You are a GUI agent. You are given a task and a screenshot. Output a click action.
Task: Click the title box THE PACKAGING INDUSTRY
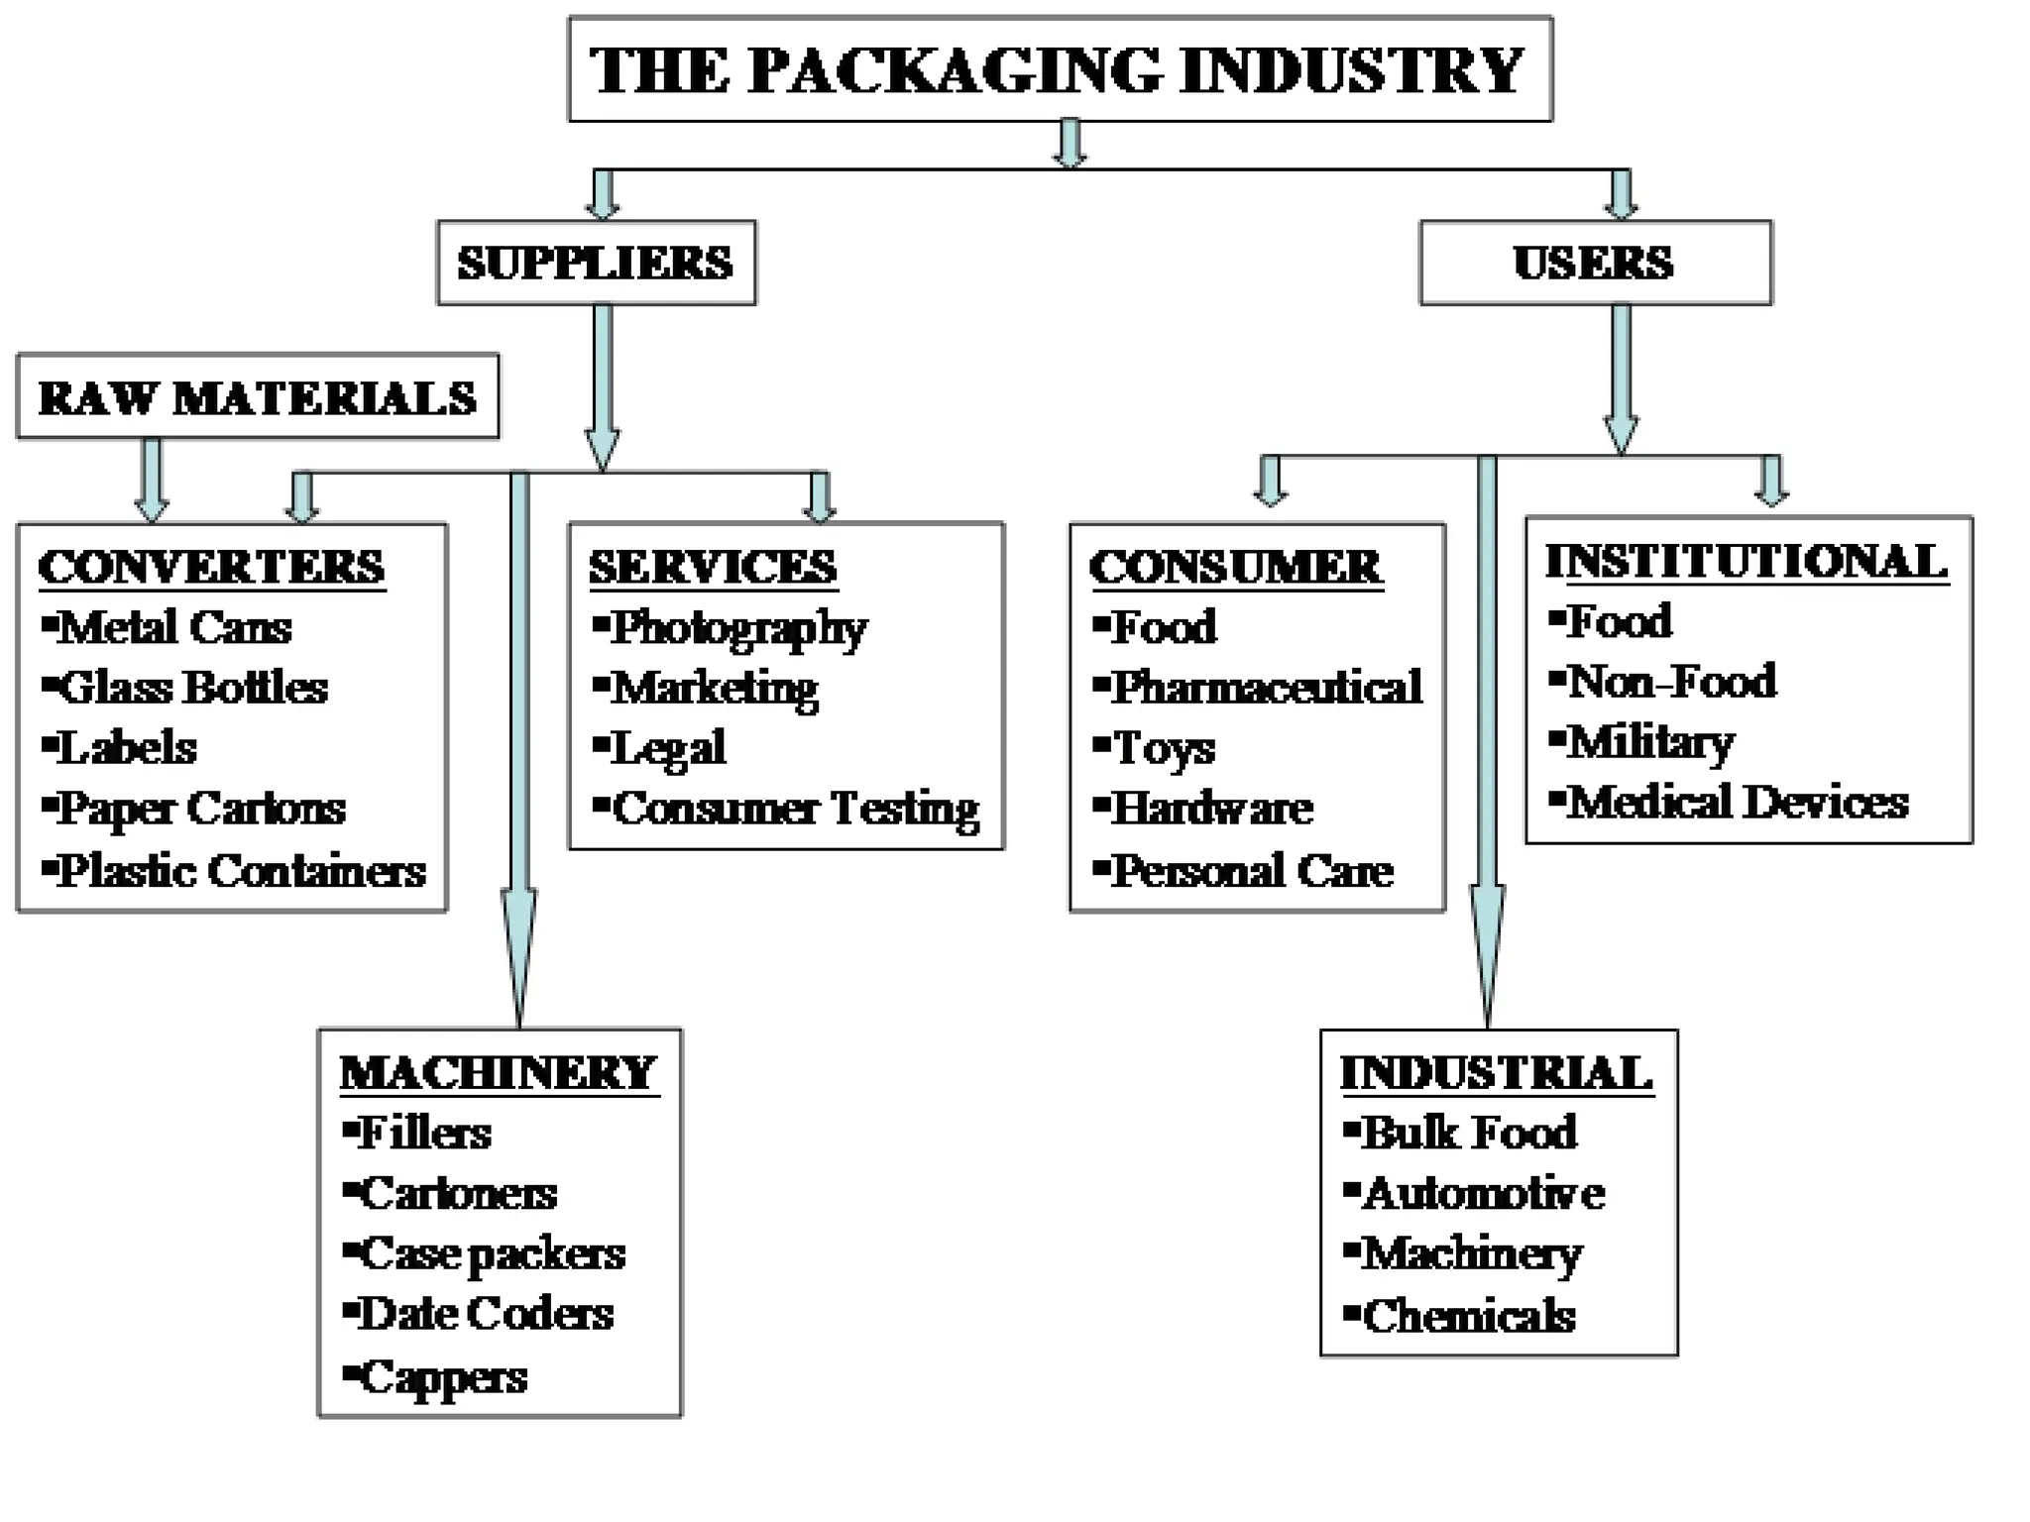[x=1059, y=69]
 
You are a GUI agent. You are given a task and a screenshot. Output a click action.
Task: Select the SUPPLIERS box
[x=596, y=263]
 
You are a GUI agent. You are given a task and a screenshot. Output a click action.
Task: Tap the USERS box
[x=1594, y=263]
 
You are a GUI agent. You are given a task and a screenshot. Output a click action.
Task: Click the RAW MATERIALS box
[x=258, y=397]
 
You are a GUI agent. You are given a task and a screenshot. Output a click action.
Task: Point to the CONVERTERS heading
[x=211, y=568]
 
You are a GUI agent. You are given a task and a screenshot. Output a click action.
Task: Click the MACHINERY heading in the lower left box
[x=499, y=1073]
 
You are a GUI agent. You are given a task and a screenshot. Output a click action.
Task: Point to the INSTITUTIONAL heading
[x=1747, y=562]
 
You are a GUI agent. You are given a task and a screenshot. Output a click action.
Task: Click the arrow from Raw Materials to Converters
[x=152, y=480]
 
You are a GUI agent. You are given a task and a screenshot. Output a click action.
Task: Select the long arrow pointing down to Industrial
[x=1487, y=743]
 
